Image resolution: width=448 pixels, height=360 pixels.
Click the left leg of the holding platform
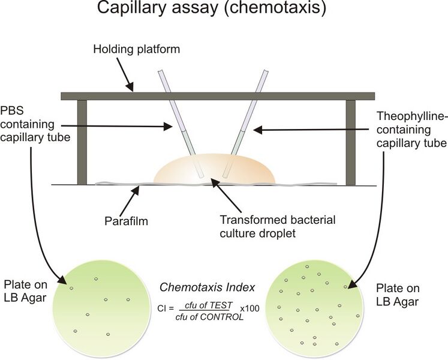pos(82,142)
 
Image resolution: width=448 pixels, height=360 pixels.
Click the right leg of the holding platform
pos(351,142)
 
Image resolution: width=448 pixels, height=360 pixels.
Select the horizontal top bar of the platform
pos(218,95)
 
